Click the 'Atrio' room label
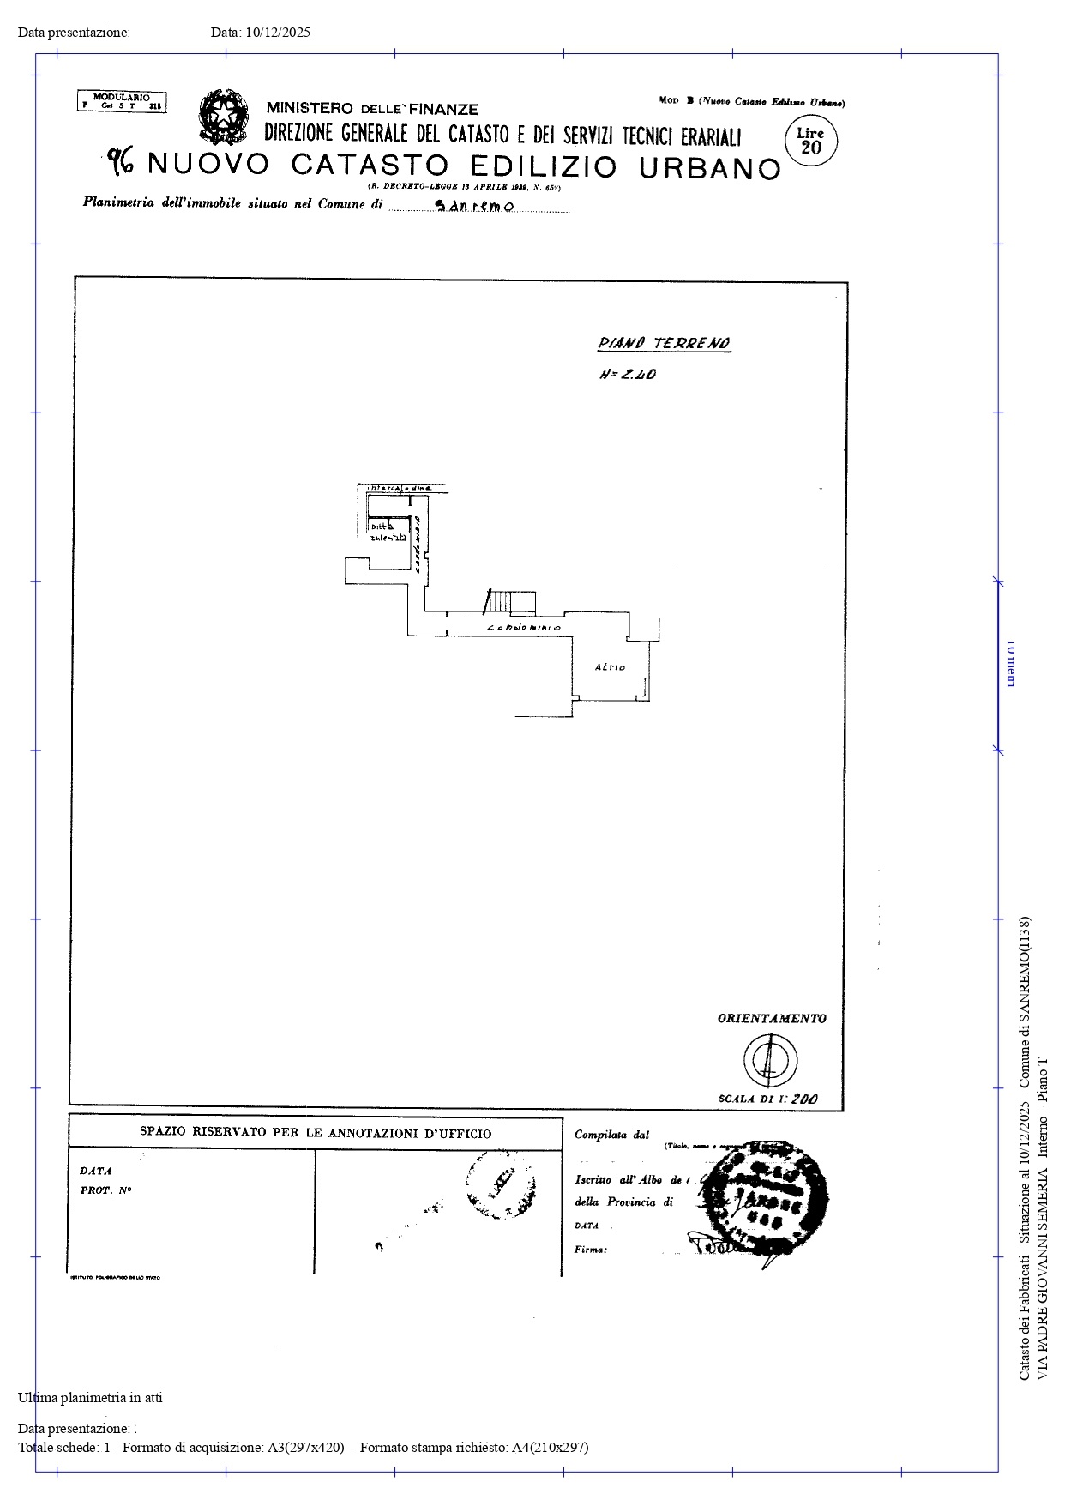coord(610,667)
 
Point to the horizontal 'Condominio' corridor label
coord(524,629)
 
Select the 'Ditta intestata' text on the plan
coord(387,533)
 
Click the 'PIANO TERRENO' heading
coord(664,344)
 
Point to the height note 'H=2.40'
coord(628,375)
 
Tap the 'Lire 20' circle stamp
coord(810,141)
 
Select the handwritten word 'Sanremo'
coord(474,208)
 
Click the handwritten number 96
coord(121,160)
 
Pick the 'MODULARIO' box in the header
coord(122,102)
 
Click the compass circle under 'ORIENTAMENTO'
coord(769,1059)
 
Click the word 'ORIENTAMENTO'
coord(772,1019)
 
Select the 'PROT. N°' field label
coord(105,1190)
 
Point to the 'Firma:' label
coord(591,1250)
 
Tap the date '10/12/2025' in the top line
coord(278,33)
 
